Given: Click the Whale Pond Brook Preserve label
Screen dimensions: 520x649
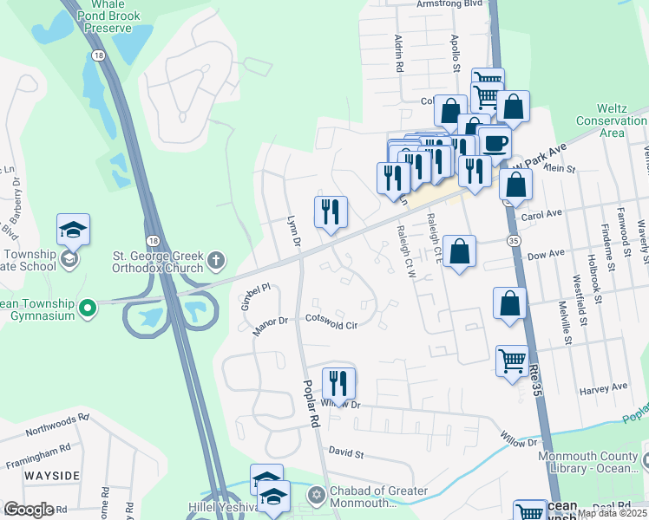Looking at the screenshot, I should click(x=109, y=16).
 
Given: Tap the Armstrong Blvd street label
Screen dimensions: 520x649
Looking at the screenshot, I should click(x=449, y=3).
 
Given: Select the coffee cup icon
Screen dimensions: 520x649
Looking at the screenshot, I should click(x=494, y=142).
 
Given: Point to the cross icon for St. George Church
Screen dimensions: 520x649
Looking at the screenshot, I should click(x=215, y=259).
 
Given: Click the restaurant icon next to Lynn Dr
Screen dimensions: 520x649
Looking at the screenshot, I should click(x=331, y=212).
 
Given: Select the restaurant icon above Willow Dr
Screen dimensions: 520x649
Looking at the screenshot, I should click(x=338, y=383).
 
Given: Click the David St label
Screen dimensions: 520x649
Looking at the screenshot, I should click(x=344, y=452).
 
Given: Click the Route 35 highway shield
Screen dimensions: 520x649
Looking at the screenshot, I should click(x=515, y=238).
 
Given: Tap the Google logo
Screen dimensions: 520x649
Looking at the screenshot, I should click(x=29, y=509).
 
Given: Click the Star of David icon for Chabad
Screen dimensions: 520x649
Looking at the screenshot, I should click(x=317, y=495).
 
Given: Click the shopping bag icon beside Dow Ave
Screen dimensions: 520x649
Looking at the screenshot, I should click(x=459, y=251).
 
